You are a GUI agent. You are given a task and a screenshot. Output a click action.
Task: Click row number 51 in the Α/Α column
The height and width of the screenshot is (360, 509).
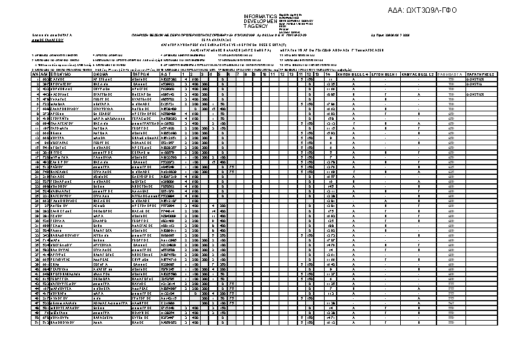coord(36,322)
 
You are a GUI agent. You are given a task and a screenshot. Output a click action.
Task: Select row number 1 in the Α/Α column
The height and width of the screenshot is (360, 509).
coord(36,79)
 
